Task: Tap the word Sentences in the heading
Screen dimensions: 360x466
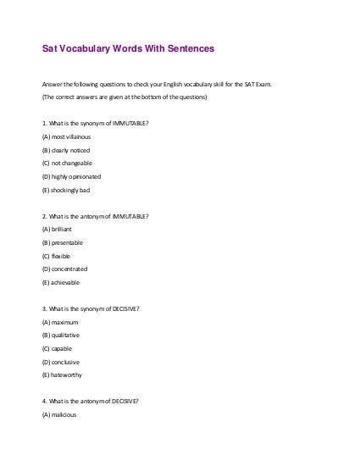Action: (187, 50)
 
